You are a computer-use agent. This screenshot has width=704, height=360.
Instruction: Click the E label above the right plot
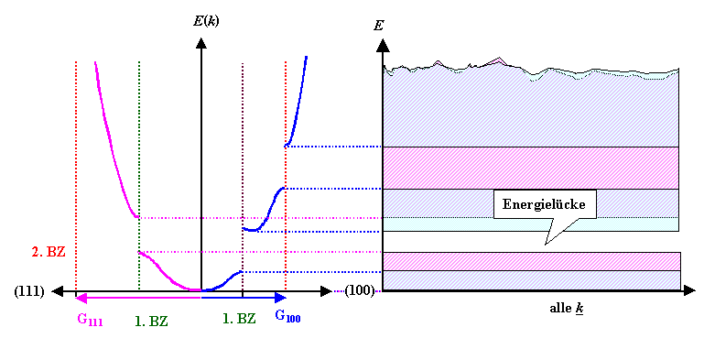point(378,25)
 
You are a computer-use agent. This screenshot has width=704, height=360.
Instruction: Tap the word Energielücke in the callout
point(545,204)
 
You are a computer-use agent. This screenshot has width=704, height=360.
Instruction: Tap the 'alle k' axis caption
point(568,310)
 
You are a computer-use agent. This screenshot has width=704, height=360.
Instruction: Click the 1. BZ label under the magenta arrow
point(152,322)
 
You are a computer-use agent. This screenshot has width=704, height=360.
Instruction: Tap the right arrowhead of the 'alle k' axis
point(686,291)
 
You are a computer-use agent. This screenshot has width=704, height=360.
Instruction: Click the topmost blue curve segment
point(298,101)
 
